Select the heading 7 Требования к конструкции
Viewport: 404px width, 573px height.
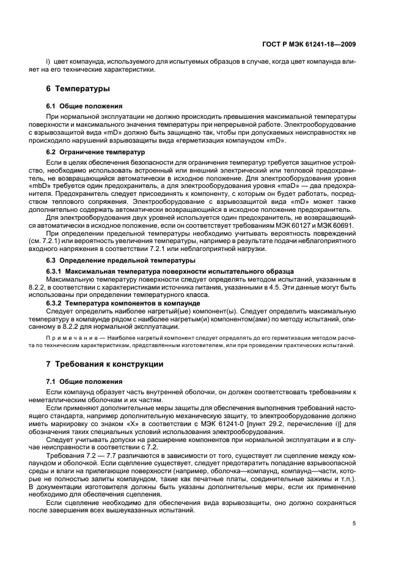point(105,364)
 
